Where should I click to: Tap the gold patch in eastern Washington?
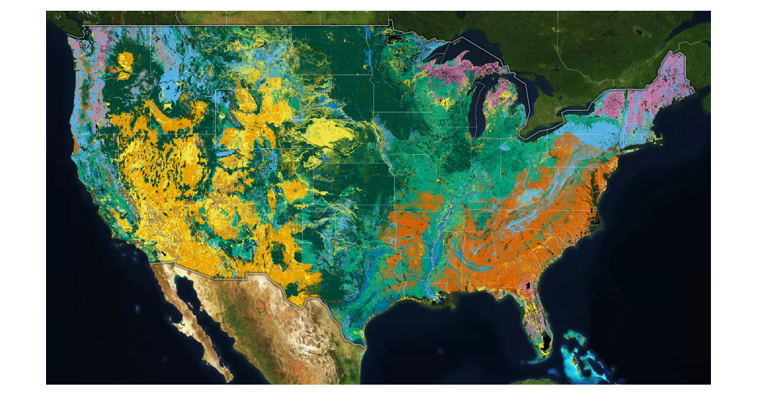125,63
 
